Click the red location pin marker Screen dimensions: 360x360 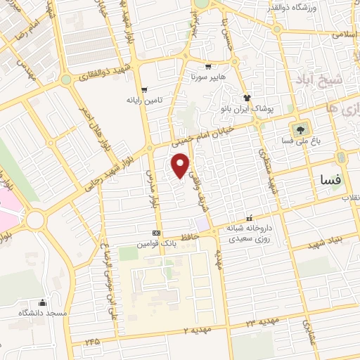pos(181,166)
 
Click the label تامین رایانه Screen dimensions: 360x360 pos(143,101)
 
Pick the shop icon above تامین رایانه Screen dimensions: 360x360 pos(143,89)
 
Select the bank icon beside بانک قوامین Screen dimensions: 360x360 pos(156,233)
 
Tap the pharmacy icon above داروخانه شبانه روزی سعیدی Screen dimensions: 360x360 pos(248,217)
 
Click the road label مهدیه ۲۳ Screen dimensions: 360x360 pos(262,322)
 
